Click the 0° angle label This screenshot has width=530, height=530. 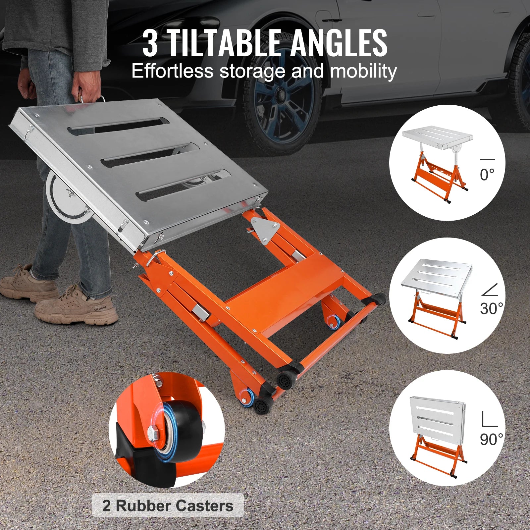(x=487, y=174)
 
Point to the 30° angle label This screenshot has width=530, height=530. (x=491, y=308)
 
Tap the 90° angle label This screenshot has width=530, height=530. (x=491, y=439)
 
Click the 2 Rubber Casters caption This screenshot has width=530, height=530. (x=168, y=506)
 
